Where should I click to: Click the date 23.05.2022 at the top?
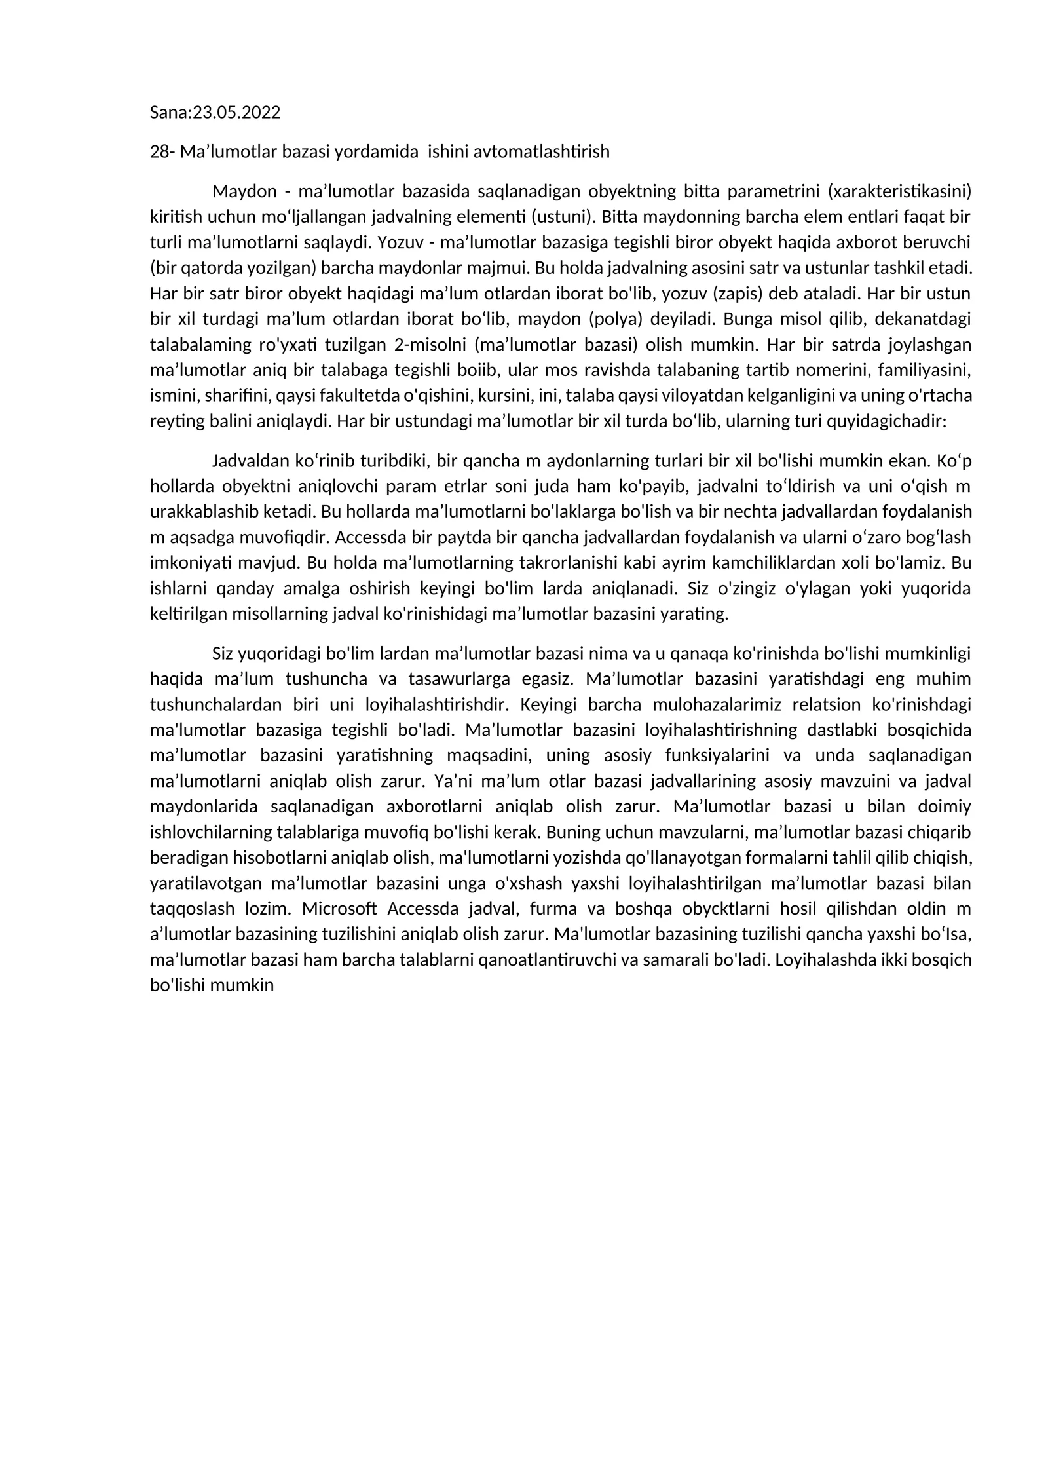click(x=236, y=113)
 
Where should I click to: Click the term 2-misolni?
click(x=430, y=345)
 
